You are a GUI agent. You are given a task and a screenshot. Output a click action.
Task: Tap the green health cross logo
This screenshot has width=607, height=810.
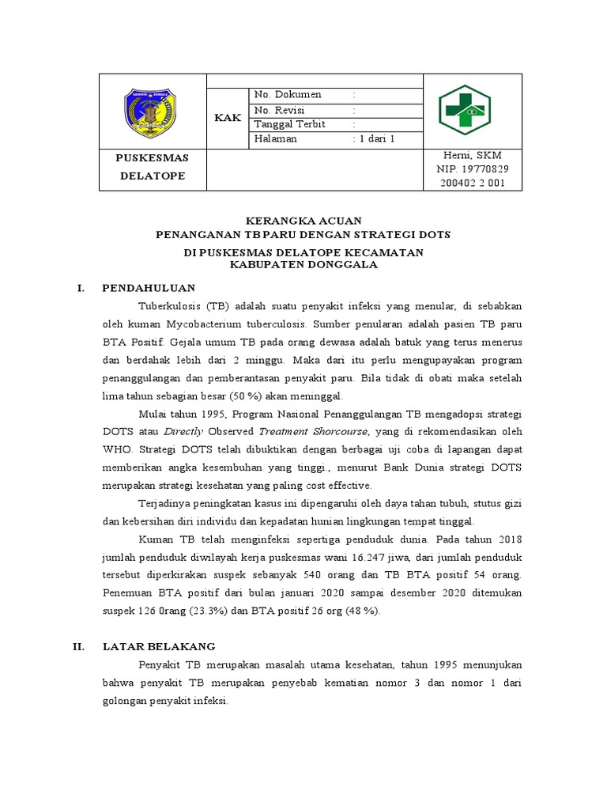point(464,111)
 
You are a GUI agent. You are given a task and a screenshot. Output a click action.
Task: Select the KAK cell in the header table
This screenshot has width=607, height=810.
point(228,118)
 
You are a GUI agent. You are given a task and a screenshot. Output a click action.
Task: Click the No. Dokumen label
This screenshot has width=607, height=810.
point(288,95)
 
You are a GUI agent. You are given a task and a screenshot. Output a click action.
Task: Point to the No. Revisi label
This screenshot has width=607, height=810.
point(280,110)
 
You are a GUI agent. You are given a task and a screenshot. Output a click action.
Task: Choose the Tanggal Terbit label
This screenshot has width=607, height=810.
point(290,124)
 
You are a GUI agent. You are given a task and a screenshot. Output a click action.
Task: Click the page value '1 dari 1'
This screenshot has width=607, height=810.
point(376,138)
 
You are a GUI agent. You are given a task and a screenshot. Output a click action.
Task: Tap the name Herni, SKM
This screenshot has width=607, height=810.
point(473,155)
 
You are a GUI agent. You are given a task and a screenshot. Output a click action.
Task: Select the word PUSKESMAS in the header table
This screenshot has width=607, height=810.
point(153,157)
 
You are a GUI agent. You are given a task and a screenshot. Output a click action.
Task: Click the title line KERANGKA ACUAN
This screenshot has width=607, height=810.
point(303,221)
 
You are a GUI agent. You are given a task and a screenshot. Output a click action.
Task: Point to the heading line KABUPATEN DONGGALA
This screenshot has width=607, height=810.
point(303,265)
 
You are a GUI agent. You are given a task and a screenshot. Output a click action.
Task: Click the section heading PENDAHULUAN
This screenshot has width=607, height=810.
point(149,288)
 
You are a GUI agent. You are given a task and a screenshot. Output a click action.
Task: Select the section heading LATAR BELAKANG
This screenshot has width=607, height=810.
point(159,646)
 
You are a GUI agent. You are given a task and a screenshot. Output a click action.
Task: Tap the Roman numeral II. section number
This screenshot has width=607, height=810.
point(79,646)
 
